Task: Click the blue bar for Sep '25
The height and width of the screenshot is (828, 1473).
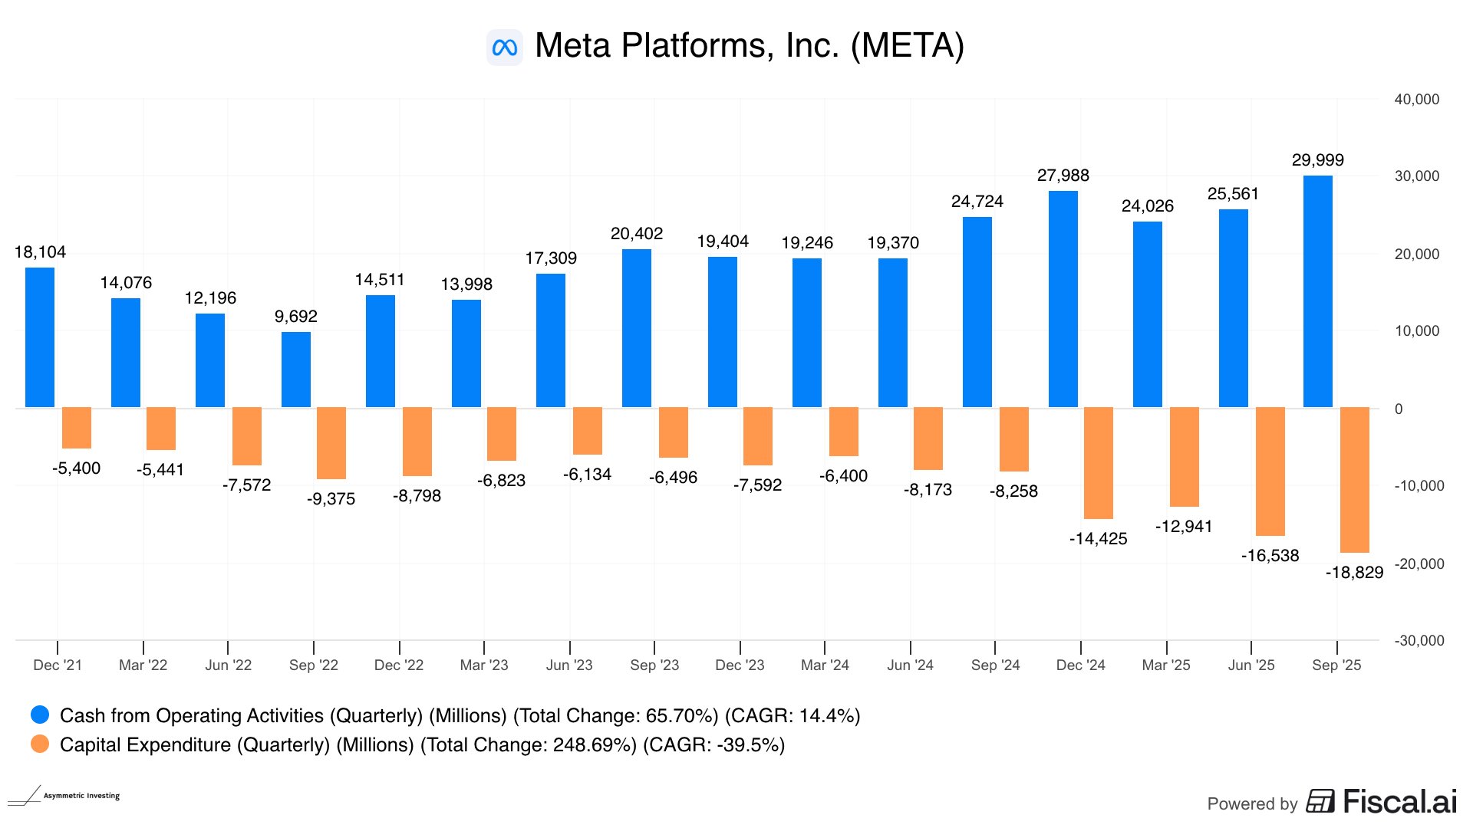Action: click(x=1317, y=291)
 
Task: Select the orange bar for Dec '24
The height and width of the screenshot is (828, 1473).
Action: click(x=1098, y=463)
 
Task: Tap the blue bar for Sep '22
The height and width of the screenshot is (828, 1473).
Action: click(x=295, y=370)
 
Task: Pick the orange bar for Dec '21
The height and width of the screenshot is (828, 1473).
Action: click(x=77, y=428)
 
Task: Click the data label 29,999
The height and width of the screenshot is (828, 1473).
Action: click(x=1317, y=160)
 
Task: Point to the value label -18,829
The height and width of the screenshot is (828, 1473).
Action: click(x=1354, y=573)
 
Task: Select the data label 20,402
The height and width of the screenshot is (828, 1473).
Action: click(x=636, y=234)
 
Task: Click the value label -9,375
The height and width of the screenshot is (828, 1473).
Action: click(x=331, y=499)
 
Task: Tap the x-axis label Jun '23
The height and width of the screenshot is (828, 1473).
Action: click(x=569, y=665)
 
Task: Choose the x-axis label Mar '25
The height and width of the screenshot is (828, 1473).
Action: click(x=1166, y=665)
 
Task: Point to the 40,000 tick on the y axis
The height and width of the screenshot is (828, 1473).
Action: click(x=1416, y=100)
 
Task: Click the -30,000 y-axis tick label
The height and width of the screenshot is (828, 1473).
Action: click(x=1419, y=641)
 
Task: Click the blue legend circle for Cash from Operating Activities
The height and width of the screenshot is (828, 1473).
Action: click(x=40, y=715)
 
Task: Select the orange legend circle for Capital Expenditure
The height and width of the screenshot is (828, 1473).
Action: click(x=40, y=744)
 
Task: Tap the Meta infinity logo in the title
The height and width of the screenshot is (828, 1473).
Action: click(x=505, y=48)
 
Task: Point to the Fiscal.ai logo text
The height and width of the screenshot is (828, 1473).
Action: click(x=1399, y=802)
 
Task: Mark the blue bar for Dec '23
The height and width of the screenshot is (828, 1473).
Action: click(x=722, y=332)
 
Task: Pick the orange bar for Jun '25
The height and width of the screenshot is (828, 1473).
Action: click(x=1270, y=472)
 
